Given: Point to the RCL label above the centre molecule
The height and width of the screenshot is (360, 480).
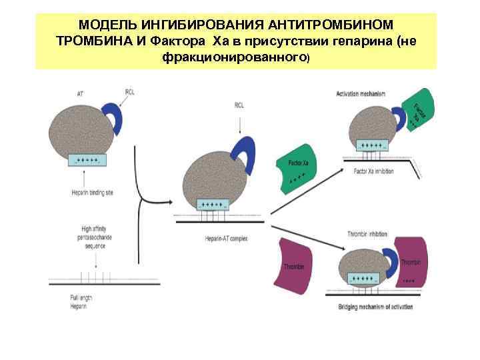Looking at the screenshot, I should click(239, 105).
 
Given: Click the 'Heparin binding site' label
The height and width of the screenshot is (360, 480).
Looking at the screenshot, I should click(91, 193).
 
